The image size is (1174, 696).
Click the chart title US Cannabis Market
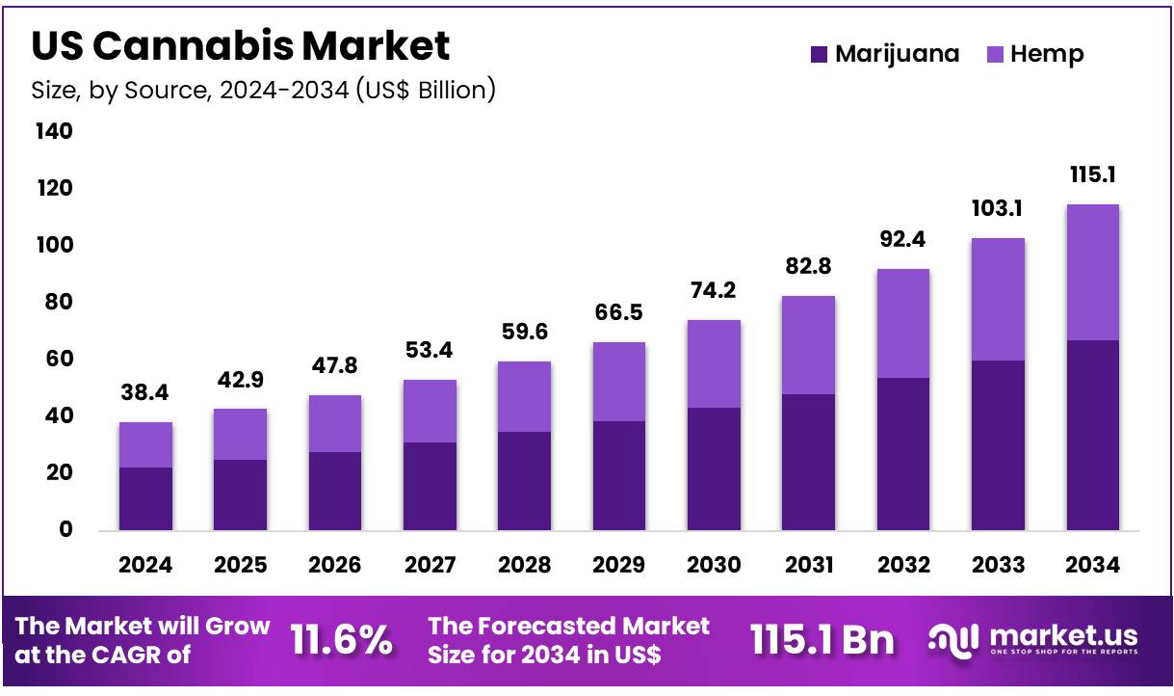240,46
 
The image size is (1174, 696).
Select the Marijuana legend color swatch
819,55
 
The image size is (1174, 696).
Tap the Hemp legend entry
1035,55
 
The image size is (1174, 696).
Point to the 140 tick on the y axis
54,131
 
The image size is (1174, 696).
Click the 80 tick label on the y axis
54,303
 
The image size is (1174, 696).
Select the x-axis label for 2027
430,566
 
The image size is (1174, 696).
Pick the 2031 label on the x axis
809,566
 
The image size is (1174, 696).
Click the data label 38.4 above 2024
145,393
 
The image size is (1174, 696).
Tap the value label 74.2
714,292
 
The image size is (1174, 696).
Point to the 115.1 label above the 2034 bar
1092,175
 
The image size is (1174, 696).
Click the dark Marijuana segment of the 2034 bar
1092,435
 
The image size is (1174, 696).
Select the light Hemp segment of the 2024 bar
145,444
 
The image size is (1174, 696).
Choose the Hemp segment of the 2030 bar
714,363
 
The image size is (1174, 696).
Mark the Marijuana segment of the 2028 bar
524,480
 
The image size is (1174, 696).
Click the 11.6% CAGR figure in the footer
342,640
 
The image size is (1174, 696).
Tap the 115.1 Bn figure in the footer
822,640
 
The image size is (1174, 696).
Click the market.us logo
1032,639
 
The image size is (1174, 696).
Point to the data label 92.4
903,240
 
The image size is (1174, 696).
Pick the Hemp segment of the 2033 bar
998,299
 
